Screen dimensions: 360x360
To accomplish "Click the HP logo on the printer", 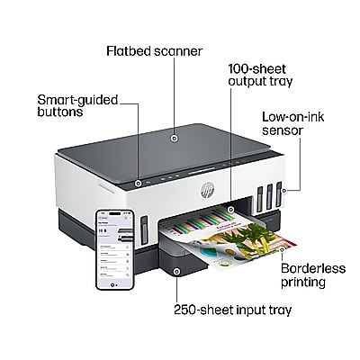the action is [x=207, y=190].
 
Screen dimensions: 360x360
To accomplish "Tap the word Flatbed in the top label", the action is [x=129, y=51].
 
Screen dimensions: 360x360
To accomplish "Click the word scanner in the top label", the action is [x=178, y=51].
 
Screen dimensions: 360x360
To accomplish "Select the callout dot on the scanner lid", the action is [x=174, y=139].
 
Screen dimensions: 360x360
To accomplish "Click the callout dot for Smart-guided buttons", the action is [x=138, y=183].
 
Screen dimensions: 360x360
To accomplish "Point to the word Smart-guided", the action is [x=77, y=100].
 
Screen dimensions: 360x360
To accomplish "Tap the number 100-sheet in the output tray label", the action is [x=257, y=69].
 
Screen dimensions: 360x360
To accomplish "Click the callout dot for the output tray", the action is [x=230, y=209].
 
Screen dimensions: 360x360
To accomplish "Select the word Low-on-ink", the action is [x=293, y=117].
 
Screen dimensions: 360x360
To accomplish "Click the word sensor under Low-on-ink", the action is [x=283, y=130].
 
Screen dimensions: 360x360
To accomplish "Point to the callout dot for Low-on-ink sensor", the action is [x=284, y=190].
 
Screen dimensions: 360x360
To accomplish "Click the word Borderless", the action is [x=313, y=268].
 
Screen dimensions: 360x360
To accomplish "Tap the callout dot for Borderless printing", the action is [x=282, y=249].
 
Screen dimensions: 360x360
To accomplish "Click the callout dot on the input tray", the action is [x=176, y=272].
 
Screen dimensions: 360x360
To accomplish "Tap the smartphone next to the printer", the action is [x=115, y=250].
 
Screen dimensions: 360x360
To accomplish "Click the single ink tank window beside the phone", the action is [x=144, y=230].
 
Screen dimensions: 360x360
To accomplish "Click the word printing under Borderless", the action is [x=303, y=283].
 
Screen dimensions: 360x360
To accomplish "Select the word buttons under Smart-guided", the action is [x=60, y=112].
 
